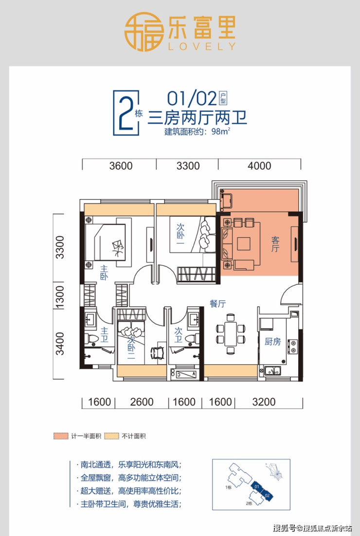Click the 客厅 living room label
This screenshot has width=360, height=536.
[275, 244]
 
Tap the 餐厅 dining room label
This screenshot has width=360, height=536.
[217, 303]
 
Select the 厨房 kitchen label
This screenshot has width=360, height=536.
[272, 341]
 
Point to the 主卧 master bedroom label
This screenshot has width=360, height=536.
[104, 273]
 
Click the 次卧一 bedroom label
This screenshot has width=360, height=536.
[180, 234]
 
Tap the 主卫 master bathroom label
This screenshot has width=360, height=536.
[104, 334]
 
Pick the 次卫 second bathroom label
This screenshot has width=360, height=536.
[178, 334]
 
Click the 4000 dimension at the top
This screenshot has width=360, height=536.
[259, 166]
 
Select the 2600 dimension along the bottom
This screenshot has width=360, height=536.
[142, 402]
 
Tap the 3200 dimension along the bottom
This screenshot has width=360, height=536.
[264, 402]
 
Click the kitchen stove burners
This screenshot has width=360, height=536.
[292, 346]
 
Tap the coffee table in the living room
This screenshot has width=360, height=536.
[244, 244]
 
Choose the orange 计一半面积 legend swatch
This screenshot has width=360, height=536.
[61, 436]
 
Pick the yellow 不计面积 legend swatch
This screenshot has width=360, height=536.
[112, 436]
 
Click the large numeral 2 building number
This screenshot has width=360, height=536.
[125, 113]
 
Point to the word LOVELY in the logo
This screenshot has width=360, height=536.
[201, 46]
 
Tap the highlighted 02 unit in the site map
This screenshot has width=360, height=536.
[267, 495]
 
